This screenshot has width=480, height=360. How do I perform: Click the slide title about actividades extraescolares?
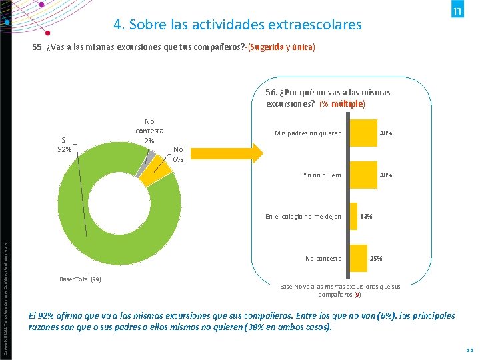pyautogui.click(x=237, y=25)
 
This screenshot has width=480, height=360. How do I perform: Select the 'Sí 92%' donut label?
pyautogui.click(x=65, y=144)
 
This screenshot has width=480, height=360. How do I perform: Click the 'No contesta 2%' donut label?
pyautogui.click(x=149, y=131)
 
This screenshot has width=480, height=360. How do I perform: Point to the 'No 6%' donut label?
pyautogui.click(x=178, y=154)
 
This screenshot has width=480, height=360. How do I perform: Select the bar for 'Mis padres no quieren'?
pyautogui.click(x=363, y=133)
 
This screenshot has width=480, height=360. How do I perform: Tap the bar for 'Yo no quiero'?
pyautogui.click(x=363, y=175)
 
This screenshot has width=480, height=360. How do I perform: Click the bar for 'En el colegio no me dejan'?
pyautogui.click(x=354, y=216)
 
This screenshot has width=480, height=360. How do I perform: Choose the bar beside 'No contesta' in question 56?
pyautogui.click(x=359, y=258)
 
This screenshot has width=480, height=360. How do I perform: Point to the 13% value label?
pyautogui.click(x=366, y=217)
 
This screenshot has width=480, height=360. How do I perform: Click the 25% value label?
pyautogui.click(x=376, y=259)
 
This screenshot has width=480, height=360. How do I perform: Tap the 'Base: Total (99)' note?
pyautogui.click(x=76, y=279)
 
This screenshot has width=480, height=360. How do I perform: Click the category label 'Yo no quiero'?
pyautogui.click(x=322, y=175)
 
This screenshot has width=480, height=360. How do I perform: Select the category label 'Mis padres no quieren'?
pyautogui.click(x=308, y=133)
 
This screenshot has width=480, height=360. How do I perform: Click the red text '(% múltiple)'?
pyautogui.click(x=342, y=104)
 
